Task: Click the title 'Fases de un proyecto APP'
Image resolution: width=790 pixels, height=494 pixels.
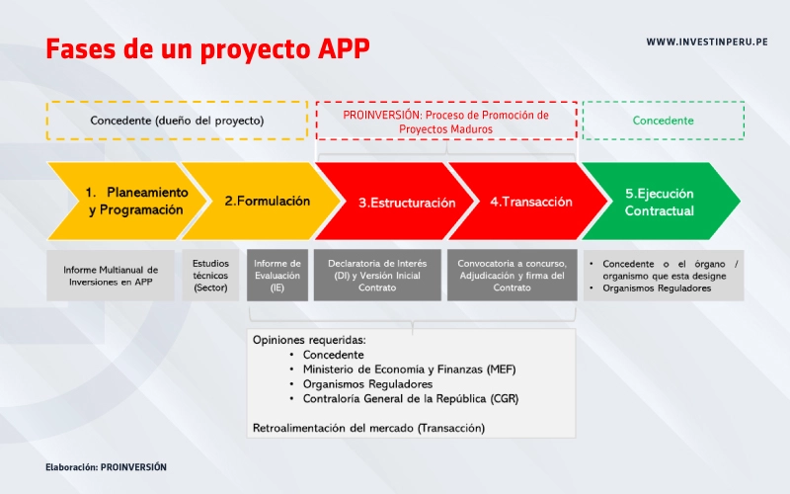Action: [207, 48]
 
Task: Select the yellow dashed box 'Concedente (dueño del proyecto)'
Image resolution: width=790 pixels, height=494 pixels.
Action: [177, 121]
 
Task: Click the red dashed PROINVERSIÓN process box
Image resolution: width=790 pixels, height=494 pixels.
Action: [445, 121]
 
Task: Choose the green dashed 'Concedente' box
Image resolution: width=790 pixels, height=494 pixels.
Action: [663, 121]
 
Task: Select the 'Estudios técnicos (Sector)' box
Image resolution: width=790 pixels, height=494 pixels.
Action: [210, 276]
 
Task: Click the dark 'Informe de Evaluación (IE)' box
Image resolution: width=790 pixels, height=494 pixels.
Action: [277, 276]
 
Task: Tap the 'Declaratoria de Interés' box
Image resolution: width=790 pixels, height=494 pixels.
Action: [378, 276]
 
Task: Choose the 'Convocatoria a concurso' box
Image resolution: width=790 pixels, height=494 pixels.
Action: [512, 276]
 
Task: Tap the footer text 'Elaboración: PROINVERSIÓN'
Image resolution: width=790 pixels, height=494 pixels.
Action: [106, 466]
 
